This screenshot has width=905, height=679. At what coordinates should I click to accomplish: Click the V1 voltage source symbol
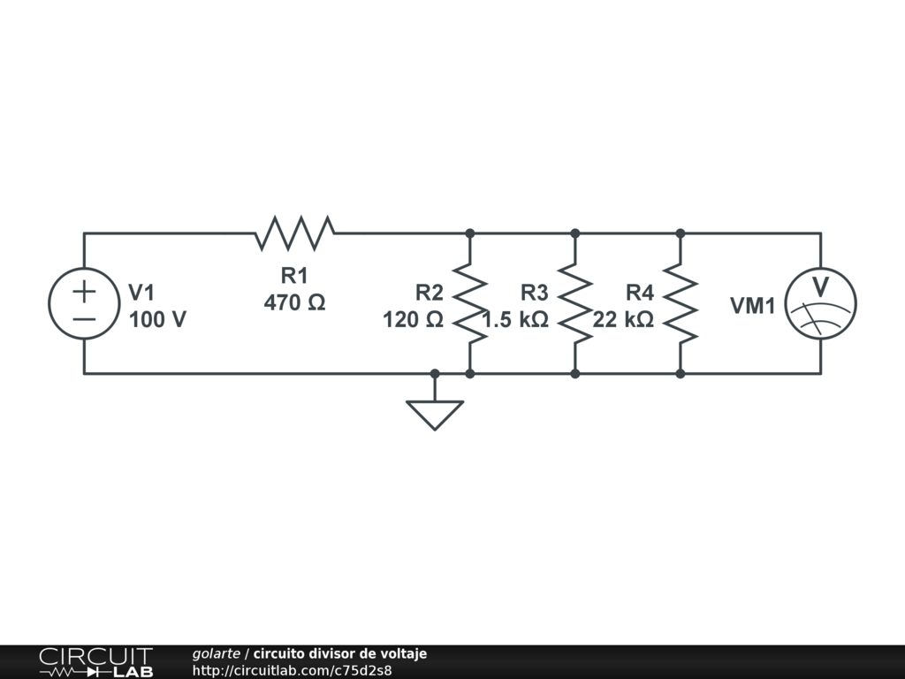coord(84,304)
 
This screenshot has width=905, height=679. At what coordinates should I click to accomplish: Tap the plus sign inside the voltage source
coord(84,291)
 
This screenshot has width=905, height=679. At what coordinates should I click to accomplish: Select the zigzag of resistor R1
coord(295,233)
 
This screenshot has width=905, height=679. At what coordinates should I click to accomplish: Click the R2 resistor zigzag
coord(470,303)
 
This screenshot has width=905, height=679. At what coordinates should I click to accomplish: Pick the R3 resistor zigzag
coord(575,303)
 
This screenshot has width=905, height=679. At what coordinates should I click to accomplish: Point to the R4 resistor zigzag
coord(681,303)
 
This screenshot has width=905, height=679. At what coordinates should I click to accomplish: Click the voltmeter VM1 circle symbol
coord(821,304)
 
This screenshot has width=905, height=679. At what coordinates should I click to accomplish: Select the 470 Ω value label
coord(295,302)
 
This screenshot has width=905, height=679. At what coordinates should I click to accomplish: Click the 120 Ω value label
coord(413,320)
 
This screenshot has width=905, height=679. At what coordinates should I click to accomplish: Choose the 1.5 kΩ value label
coord(516,320)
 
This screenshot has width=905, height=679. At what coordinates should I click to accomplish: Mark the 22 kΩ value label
coord(623,320)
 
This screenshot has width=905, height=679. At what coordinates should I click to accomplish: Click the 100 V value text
coord(157,320)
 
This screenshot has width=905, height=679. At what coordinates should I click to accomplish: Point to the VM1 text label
coord(753,306)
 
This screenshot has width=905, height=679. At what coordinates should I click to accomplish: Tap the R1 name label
coord(295,275)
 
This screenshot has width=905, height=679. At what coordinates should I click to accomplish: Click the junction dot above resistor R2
coord(470,233)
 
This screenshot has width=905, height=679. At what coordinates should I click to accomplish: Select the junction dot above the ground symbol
coord(435,374)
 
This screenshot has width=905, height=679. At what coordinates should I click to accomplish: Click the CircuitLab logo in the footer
coord(95,662)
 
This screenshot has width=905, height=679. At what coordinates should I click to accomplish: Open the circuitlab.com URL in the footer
coord(292,670)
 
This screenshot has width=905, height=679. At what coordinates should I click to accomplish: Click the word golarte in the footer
coord(217,653)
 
